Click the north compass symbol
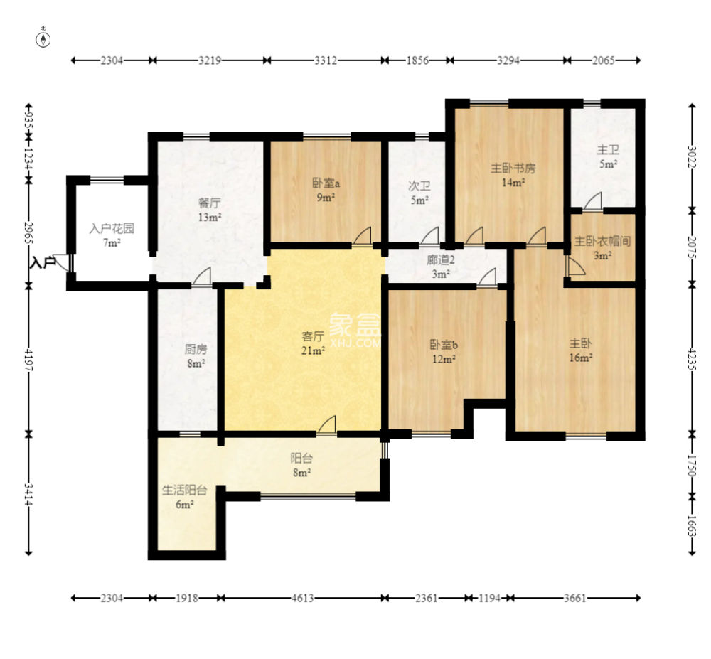pos(43,39)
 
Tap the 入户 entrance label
pos(42,262)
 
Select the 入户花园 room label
pos(112,228)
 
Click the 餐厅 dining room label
pos(210,203)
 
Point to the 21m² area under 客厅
pos(314,350)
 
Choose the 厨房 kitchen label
pos(196,349)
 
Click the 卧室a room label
pos(326,183)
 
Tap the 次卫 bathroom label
pos(419,186)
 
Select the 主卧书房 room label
pos(513,168)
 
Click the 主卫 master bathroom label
pos(608,149)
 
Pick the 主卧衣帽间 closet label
pos(603,241)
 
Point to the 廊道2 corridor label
pos(440,260)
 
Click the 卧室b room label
pos(444,345)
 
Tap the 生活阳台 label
pos(185,491)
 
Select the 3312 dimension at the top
pos(326,60)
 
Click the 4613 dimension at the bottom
pos(302,599)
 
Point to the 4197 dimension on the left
pos(28,360)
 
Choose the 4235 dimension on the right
pos(692,358)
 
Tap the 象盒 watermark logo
pos(355,325)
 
